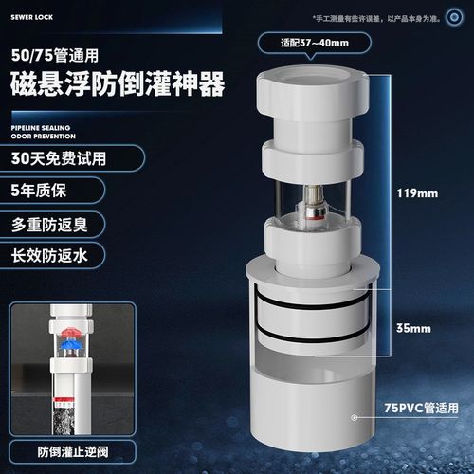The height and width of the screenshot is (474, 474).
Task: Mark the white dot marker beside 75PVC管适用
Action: [x=353, y=415]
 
